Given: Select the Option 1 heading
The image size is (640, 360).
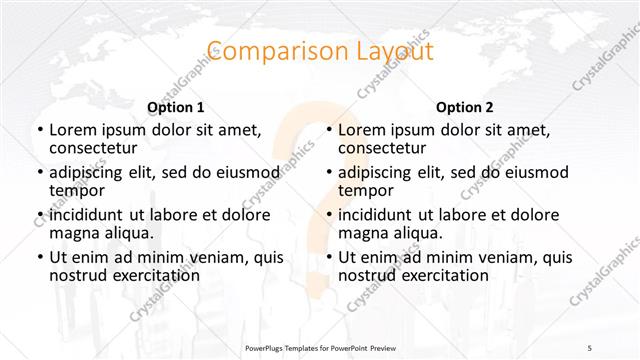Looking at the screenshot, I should [x=175, y=107].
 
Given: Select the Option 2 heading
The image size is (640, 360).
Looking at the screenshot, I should [x=464, y=107].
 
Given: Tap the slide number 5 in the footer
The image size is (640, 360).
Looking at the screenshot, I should [x=590, y=347].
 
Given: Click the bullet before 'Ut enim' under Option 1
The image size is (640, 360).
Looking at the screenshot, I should [x=38, y=257].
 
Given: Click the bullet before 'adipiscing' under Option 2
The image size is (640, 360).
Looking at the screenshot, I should [x=327, y=172].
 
